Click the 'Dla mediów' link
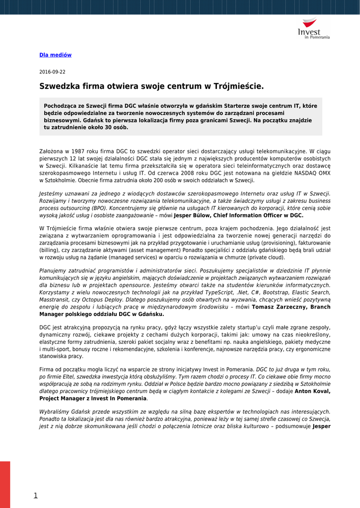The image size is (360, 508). click(x=55, y=55)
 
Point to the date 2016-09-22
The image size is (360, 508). click(x=52, y=72)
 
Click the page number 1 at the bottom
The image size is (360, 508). click(x=36, y=495)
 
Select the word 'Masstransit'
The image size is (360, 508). click(x=54, y=300)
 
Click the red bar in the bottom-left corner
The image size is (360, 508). click(x=5, y=484)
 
